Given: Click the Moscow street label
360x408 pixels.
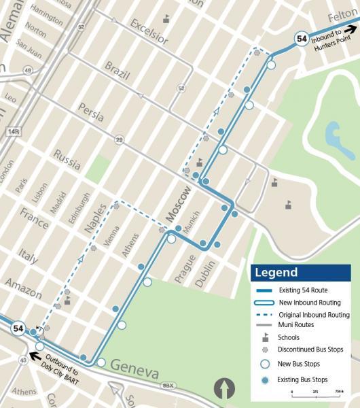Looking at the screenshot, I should click(177, 202).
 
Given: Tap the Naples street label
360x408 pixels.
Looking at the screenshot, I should click(95, 218).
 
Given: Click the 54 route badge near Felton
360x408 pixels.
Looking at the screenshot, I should click(301, 39).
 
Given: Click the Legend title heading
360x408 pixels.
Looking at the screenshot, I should click(276, 273).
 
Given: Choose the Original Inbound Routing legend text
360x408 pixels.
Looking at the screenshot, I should click(314, 315).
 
